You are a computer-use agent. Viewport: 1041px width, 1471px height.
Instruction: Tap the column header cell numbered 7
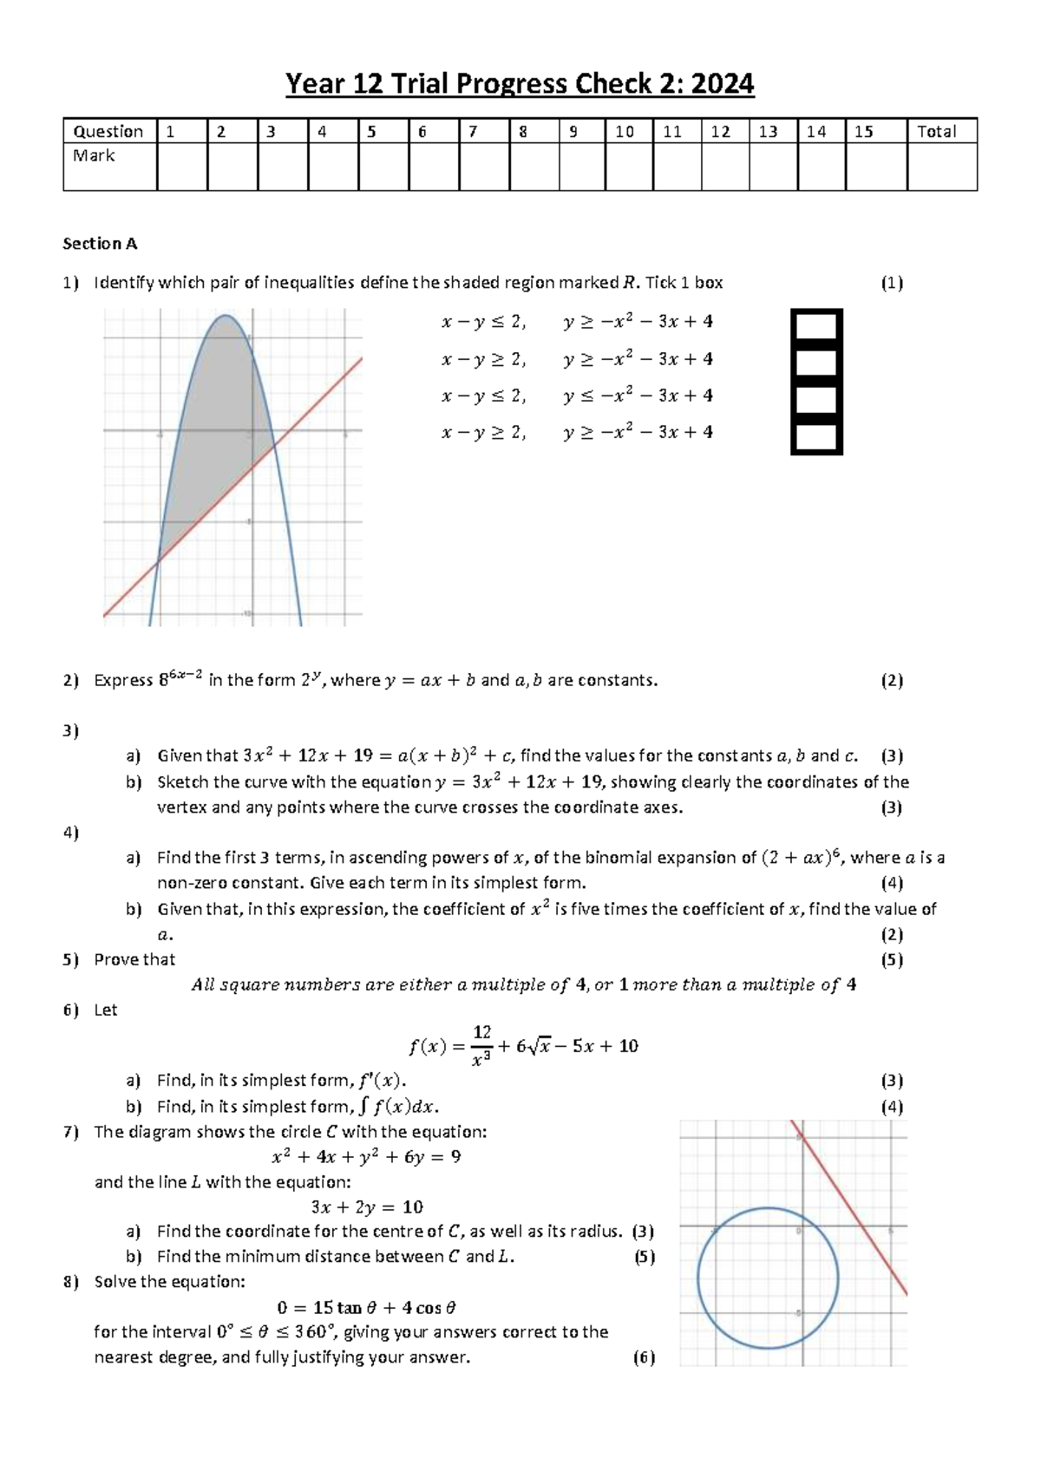tap(483, 131)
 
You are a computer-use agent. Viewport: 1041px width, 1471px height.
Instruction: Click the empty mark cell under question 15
tap(875, 166)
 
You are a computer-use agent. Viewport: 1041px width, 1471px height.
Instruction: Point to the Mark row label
tap(94, 155)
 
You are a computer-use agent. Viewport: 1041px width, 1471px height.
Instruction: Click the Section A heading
tap(100, 244)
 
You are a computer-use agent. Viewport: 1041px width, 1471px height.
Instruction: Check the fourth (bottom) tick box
tap(816, 437)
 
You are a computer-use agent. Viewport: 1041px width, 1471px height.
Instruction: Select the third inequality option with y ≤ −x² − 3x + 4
tap(577, 396)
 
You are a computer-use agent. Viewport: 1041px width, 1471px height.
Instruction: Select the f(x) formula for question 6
tap(523, 1046)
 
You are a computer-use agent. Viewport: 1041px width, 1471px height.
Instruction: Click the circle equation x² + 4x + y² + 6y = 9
tap(366, 1157)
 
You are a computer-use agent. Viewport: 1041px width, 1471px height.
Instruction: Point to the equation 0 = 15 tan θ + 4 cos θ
tap(366, 1307)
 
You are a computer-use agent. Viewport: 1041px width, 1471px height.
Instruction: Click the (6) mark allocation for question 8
tap(644, 1357)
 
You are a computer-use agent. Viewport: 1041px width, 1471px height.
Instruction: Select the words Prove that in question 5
tap(134, 959)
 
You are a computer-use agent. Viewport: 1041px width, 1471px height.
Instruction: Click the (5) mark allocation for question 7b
tap(644, 1257)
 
